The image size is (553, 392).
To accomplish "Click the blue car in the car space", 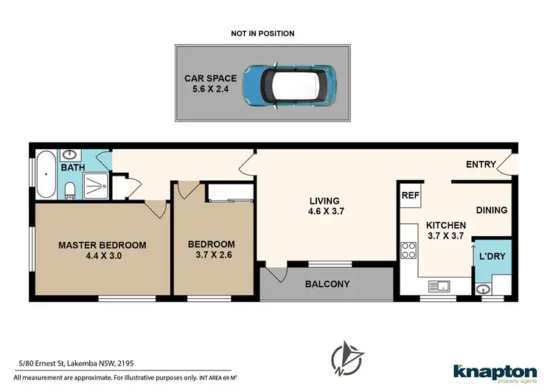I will [288, 83].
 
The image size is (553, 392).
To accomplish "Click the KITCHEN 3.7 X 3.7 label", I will [445, 231].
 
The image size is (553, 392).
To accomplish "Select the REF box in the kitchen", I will [410, 196].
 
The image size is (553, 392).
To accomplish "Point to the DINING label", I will [491, 210].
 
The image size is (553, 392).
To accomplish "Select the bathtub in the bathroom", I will [45, 175].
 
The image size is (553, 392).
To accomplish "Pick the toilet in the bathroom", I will [70, 191].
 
